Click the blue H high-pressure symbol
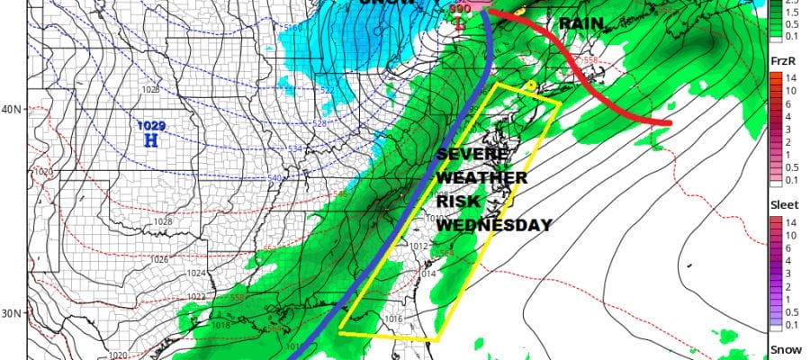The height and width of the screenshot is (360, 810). [151, 141]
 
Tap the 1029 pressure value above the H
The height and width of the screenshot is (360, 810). [151, 126]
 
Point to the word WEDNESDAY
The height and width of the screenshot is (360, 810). [493, 225]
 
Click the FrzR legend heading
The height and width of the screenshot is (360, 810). [781, 60]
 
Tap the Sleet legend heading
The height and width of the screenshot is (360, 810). [782, 204]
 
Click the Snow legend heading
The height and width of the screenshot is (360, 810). [781, 348]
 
